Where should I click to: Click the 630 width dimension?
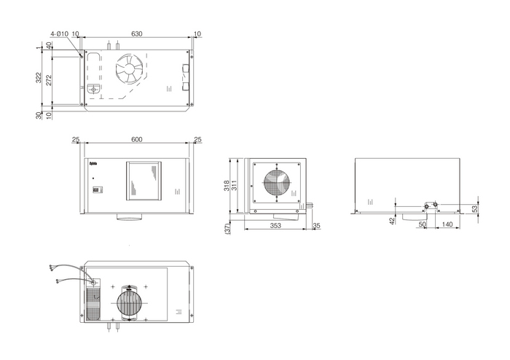pyautogui.click(x=136, y=34)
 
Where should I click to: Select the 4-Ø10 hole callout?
pyautogui.click(x=60, y=34)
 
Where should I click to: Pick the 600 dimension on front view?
pyautogui.click(x=136, y=140)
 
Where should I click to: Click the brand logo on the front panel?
pyautogui.click(x=93, y=165)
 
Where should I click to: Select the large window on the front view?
pyautogui.click(x=144, y=180)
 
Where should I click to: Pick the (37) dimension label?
pyautogui.click(x=228, y=229)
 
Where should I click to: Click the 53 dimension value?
pyautogui.click(x=474, y=208)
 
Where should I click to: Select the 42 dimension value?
pyautogui.click(x=391, y=219)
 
